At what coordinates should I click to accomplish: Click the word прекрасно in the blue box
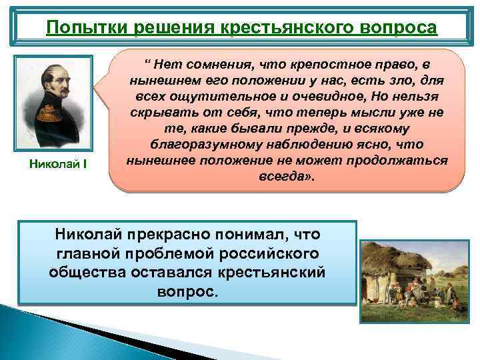coord(165,235)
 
